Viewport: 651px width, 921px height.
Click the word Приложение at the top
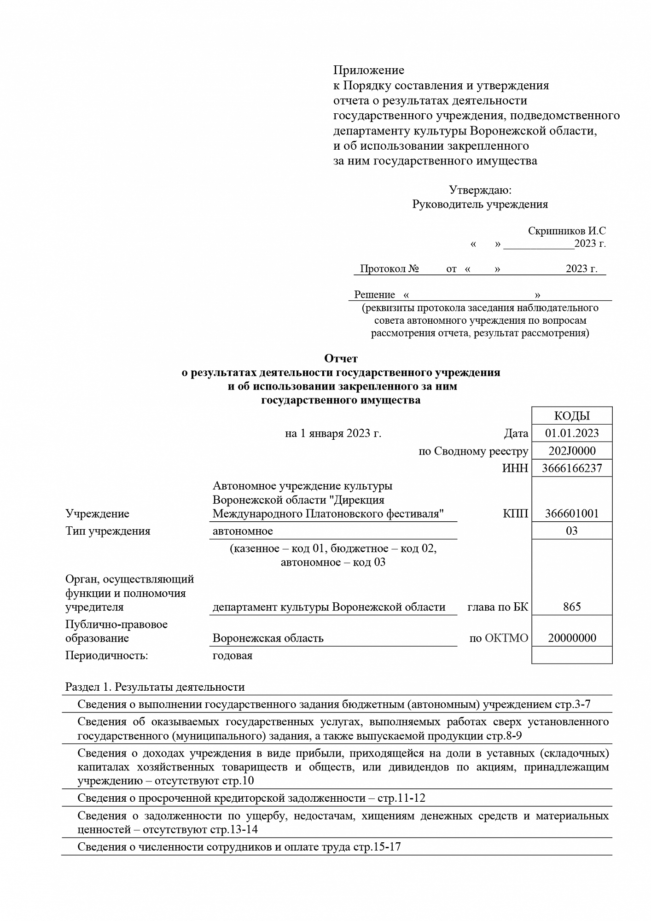click(368, 70)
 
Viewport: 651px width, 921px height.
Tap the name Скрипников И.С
click(567, 231)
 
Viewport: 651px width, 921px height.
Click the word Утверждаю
click(480, 190)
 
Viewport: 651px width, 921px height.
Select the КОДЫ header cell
click(572, 416)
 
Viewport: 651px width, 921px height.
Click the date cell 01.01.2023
click(572, 433)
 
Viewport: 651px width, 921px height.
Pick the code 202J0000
click(572, 451)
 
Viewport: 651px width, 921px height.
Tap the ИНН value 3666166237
click(572, 468)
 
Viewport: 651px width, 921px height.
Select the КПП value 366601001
click(572, 513)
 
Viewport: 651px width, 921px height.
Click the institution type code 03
click(572, 531)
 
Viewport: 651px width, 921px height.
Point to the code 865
click(572, 606)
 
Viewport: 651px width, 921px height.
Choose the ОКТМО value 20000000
click(572, 638)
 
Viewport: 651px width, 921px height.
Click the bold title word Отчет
click(341, 358)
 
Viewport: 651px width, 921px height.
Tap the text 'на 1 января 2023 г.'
click(333, 433)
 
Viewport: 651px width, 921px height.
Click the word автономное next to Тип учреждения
click(243, 531)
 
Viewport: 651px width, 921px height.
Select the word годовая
click(232, 655)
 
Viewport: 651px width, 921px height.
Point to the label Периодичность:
click(106, 655)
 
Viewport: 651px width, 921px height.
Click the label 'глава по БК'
click(498, 607)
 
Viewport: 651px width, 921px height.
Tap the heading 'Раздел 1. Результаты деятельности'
click(155, 687)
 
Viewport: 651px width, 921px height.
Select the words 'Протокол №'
click(389, 269)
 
